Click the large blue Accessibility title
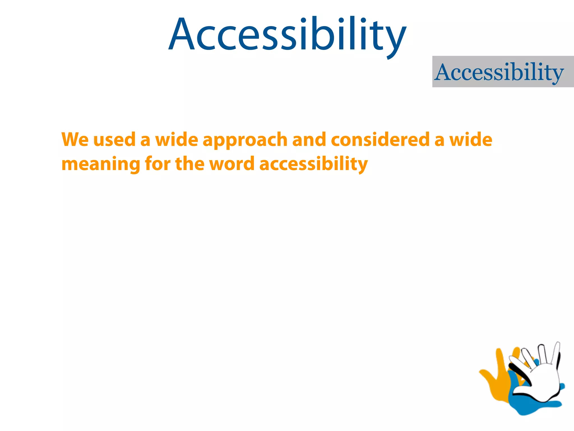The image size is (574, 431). (287, 35)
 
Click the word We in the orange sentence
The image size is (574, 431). (75, 139)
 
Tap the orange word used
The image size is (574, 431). (114, 139)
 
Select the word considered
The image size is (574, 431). (380, 139)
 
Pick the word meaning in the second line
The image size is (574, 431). (101, 164)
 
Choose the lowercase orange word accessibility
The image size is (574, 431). (313, 164)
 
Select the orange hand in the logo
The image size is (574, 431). (496, 382)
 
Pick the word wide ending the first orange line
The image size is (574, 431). (471, 139)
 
